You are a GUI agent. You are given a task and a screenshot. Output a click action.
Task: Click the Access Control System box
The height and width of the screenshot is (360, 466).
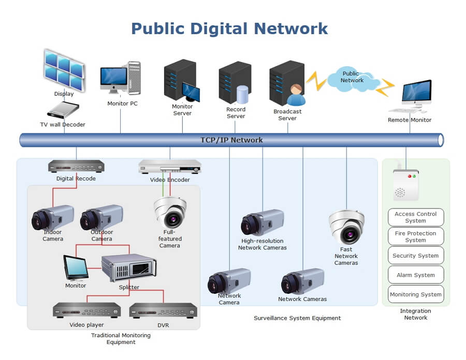pos(415,217)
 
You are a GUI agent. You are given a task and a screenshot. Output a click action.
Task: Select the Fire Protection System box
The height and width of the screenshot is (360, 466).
pos(415,236)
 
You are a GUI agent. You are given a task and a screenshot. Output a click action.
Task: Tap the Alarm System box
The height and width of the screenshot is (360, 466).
pos(415,275)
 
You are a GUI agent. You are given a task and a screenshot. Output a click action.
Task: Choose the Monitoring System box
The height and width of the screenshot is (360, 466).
pos(415,294)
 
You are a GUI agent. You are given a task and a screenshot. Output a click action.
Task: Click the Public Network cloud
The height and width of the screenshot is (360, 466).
pos(353,78)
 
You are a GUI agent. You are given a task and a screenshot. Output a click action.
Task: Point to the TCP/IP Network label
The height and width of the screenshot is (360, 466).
pos(231,140)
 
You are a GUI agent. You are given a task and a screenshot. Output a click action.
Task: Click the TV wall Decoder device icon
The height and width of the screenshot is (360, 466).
pos(63,110)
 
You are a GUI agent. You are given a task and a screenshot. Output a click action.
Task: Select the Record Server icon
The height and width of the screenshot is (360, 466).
pos(235,83)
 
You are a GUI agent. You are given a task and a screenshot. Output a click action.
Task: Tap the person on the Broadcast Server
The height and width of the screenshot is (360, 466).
pos(296,95)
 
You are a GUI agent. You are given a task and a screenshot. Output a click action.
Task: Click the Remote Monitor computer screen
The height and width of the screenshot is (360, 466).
pos(417,91)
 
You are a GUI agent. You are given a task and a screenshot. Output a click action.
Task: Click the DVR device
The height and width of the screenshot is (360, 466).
pos(163,310)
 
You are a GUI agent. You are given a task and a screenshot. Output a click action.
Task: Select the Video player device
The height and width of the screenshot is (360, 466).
pos(87,310)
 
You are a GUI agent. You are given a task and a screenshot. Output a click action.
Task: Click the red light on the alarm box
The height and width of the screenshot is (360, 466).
pos(410,176)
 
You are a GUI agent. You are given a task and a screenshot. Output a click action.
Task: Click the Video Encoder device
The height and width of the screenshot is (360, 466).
pos(170,167)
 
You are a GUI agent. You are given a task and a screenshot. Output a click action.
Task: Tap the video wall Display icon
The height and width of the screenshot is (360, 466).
pos(64,70)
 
